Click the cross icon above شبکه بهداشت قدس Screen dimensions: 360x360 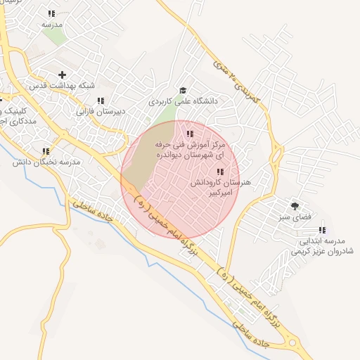click(63, 75)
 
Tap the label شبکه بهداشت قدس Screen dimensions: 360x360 click(62, 85)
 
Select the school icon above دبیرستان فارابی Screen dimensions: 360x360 click(101, 101)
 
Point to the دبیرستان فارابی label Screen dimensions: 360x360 click(100, 111)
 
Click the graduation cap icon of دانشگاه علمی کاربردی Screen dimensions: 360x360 click(183, 91)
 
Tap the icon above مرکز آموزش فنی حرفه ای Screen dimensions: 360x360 click(189, 134)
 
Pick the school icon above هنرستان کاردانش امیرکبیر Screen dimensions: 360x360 click(220, 172)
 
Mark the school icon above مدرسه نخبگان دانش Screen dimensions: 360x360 click(46, 151)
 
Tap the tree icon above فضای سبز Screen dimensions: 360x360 click(294, 206)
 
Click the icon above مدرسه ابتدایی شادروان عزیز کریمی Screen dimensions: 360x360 click(322, 230)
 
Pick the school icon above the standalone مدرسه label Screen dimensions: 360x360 click(51, 14)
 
